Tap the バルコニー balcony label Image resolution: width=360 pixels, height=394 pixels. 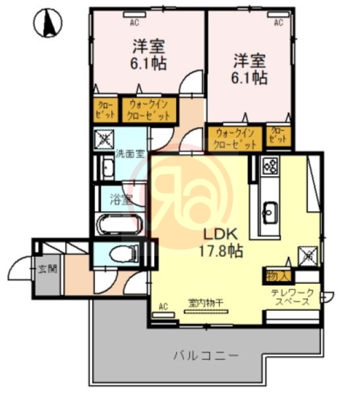point(205,355)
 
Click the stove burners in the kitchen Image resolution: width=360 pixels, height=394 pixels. point(270,165)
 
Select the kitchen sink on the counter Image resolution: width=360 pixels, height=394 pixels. point(270,212)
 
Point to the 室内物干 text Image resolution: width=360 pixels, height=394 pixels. point(206,302)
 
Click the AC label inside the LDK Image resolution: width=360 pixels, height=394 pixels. point(163,306)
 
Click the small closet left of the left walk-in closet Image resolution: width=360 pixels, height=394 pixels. point(104,110)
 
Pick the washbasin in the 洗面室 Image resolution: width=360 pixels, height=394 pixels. point(106,168)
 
